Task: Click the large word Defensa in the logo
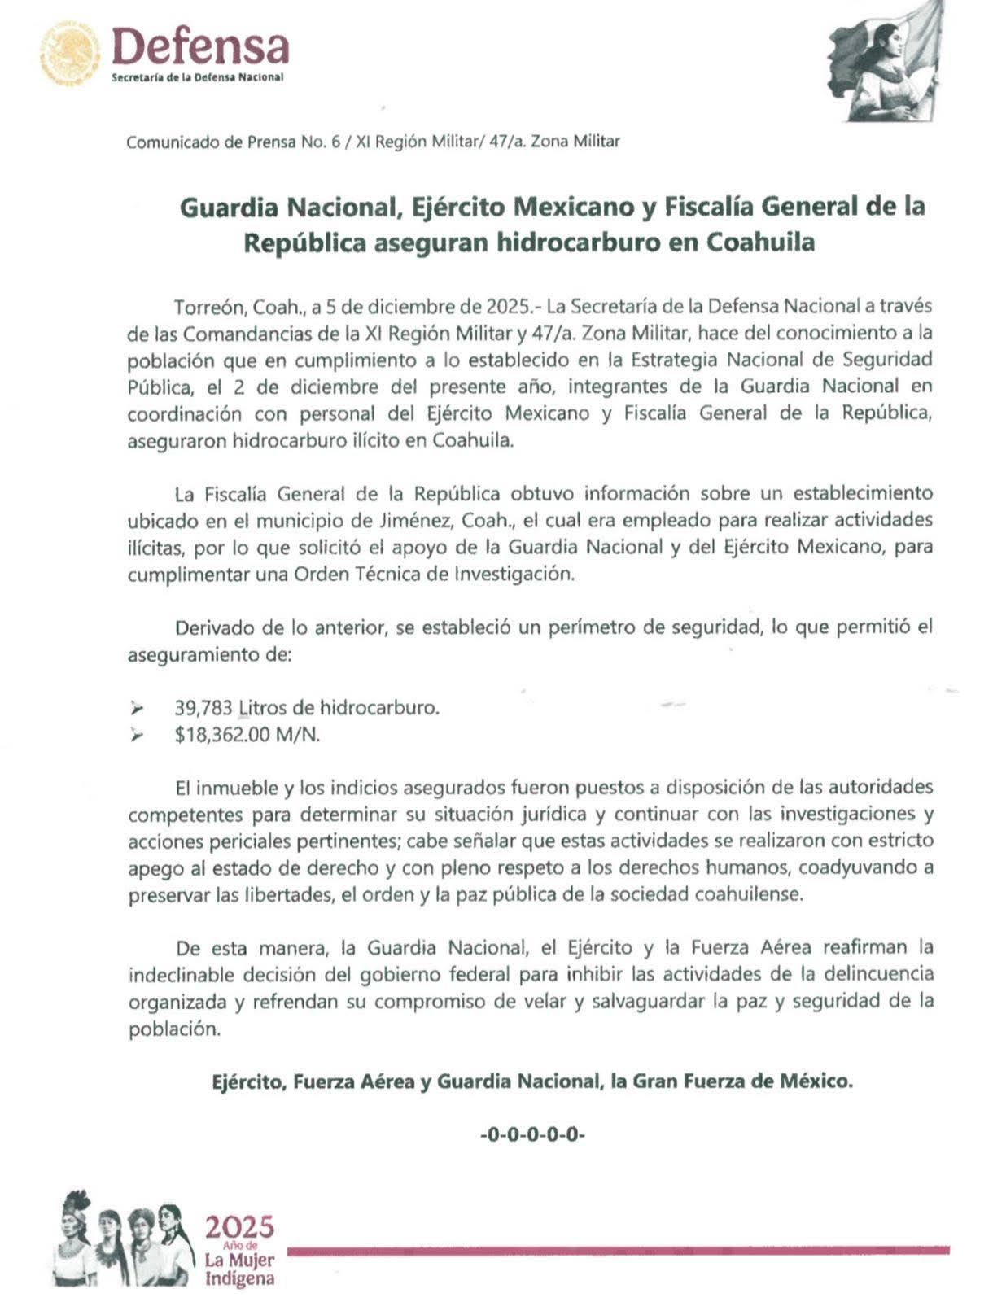[x=200, y=46]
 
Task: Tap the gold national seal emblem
[x=71, y=52]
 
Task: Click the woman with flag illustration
[x=888, y=61]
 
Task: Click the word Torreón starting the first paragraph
[x=208, y=307]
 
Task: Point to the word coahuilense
[x=748, y=894]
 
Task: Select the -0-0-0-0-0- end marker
[x=533, y=1134]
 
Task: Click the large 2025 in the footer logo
[x=239, y=1227]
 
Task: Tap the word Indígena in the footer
[x=239, y=1278]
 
